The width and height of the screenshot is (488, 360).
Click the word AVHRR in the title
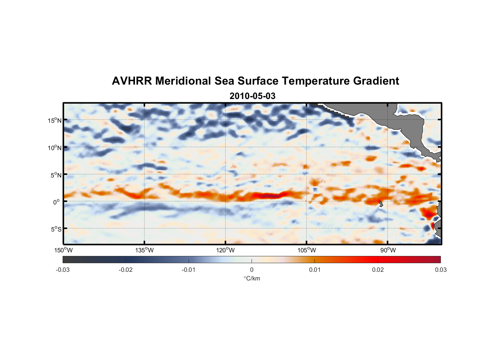[132, 81]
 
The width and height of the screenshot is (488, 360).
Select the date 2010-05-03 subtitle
[252, 96]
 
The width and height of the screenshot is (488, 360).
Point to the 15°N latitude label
[54, 121]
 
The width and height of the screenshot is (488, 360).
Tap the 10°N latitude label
[54, 148]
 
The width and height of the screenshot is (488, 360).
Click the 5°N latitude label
[56, 175]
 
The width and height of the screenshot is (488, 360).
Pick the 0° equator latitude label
[57, 202]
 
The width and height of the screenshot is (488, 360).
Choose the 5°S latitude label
[56, 229]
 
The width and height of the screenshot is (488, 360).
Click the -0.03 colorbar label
[63, 270]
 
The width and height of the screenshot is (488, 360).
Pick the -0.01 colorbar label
[189, 270]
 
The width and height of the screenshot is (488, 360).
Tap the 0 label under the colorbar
[252, 270]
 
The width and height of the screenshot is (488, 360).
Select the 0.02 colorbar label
[378, 270]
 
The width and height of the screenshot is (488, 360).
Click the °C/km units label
[252, 279]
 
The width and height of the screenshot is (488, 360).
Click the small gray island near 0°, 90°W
[381, 204]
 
